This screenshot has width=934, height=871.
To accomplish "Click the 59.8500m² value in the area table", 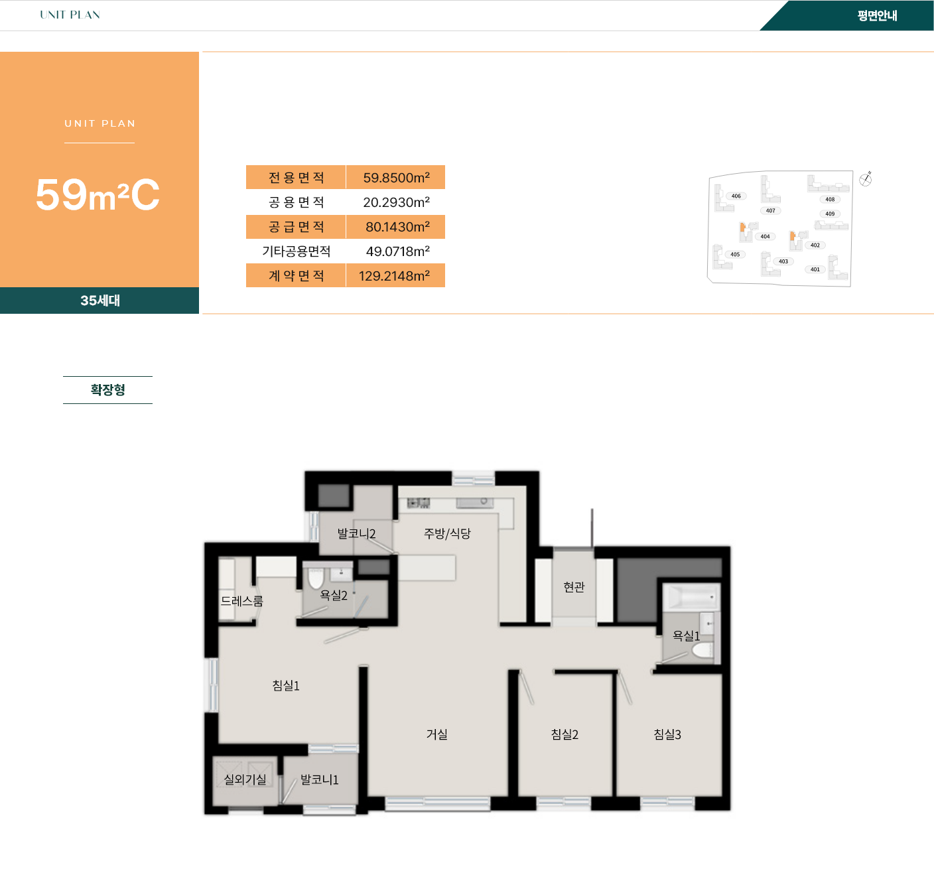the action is [x=396, y=177].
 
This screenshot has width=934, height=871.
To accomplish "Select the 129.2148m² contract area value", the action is [x=394, y=275].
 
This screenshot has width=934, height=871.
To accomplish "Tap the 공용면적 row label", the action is [x=297, y=202].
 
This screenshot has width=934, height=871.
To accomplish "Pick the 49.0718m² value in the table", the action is [x=398, y=251].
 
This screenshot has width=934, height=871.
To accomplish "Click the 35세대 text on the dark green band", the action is [x=100, y=300].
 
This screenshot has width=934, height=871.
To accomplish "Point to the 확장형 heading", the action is [x=107, y=389].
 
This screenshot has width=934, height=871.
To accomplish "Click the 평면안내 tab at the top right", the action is [x=877, y=15].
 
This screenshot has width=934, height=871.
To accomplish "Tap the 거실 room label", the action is [x=436, y=734].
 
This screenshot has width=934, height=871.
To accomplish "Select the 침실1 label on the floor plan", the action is [x=286, y=685].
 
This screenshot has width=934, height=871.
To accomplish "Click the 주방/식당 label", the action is [x=447, y=533].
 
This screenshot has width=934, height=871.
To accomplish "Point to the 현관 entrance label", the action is [x=574, y=586].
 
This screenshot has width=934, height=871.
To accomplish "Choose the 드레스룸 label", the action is [x=241, y=600].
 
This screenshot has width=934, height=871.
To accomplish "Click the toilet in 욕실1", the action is [x=702, y=651].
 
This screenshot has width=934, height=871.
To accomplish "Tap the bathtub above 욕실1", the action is [x=691, y=597].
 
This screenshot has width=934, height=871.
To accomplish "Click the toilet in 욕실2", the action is [x=316, y=578].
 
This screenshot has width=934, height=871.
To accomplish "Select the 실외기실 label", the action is [x=245, y=779].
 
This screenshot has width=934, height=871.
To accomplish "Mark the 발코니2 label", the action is [x=356, y=533].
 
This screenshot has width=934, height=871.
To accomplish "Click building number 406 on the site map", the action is [x=736, y=196].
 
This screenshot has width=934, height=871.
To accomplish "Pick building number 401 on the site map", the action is [x=815, y=269].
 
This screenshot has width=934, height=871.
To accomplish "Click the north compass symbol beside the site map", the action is [x=865, y=179].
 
